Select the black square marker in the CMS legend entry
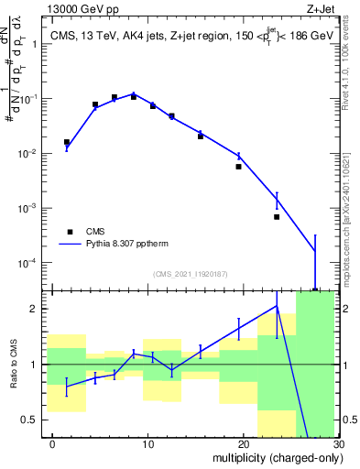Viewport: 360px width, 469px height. tap(69, 232)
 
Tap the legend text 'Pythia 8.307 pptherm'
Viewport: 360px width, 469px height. tap(128, 245)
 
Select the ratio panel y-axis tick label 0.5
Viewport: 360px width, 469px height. tap(36, 420)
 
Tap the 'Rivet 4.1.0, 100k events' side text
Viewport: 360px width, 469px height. tap(351, 64)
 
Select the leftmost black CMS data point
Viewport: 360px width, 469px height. tap(67, 142)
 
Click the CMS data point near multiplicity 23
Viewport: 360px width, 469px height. tap(277, 217)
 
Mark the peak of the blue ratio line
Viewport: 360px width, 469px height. tap(277, 306)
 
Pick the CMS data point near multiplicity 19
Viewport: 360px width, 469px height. tap(238, 167)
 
